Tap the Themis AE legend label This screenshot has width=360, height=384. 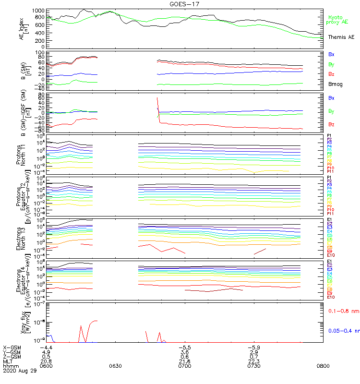click(341, 37)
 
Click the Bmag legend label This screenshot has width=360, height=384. click(334, 84)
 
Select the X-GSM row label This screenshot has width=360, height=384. click(12, 347)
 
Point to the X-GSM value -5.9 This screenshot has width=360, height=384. click(253, 347)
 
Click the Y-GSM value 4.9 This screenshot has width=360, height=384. click(46, 352)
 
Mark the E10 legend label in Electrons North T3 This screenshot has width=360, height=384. click(331, 255)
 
